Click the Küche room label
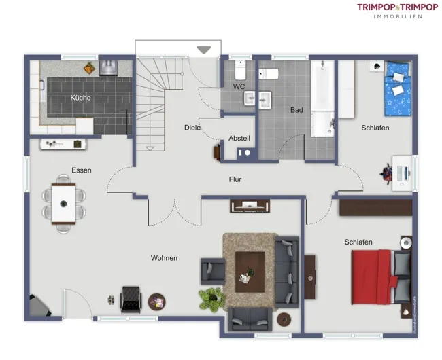[x=80, y=98]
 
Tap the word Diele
[x=192, y=128]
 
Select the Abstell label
[x=239, y=138]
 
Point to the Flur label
[x=235, y=179]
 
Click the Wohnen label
[x=164, y=258]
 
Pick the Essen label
[x=82, y=170]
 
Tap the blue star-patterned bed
[x=398, y=88]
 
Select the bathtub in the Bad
[x=322, y=98]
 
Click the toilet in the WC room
[x=240, y=70]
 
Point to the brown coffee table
[x=250, y=272]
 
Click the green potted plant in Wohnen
[x=211, y=299]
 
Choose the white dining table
[x=63, y=204]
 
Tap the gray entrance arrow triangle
[x=204, y=50]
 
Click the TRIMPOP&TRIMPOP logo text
[x=398, y=7]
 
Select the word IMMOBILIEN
[x=398, y=16]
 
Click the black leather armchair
[x=131, y=300]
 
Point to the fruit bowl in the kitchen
[x=89, y=68]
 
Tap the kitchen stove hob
[x=109, y=68]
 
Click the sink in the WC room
[x=250, y=98]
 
